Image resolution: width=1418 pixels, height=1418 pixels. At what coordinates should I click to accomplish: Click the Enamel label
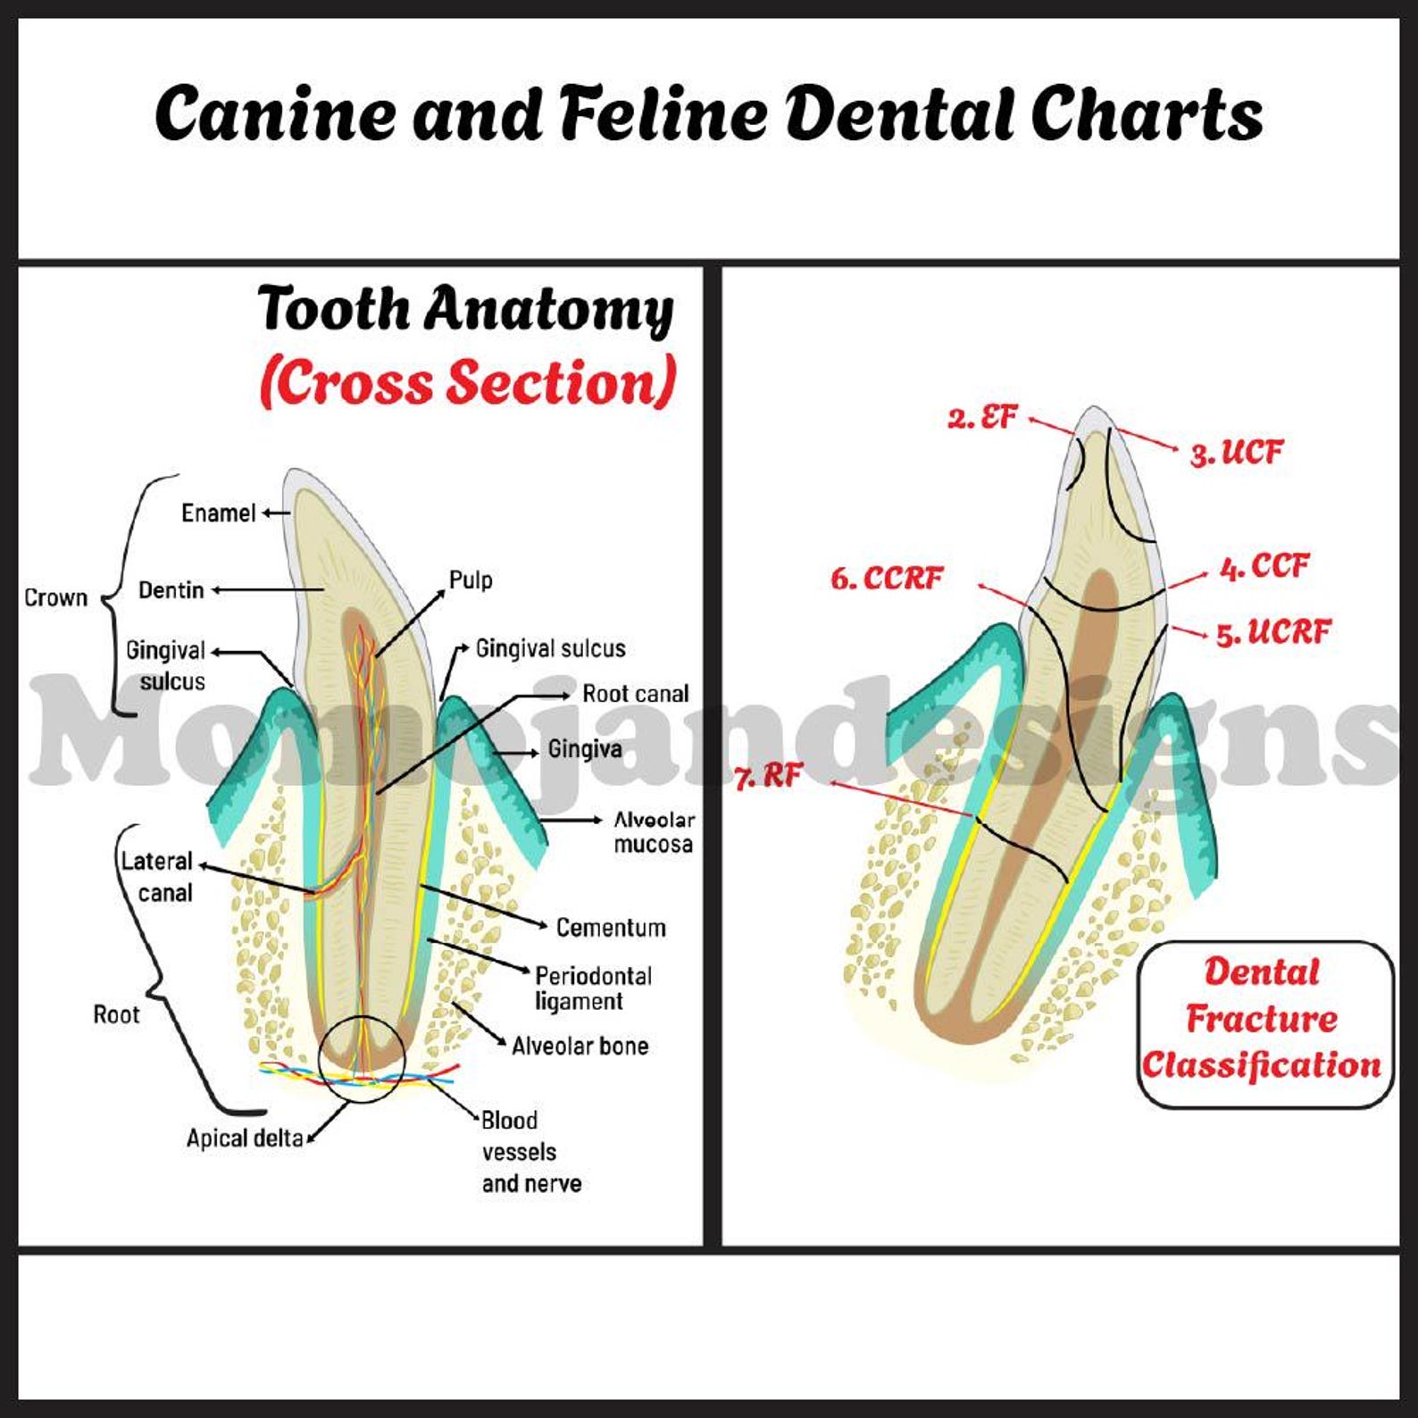(219, 513)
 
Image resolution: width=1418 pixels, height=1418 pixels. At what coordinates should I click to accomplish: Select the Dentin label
(171, 590)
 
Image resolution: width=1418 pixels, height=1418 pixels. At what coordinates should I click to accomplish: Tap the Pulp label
(471, 580)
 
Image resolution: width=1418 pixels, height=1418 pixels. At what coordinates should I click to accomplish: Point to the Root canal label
(636, 694)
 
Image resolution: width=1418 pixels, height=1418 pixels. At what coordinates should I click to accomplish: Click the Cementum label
(611, 928)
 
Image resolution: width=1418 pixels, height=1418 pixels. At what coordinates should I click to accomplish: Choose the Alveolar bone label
(580, 1046)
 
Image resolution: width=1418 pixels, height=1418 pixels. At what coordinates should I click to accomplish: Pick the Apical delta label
(245, 1139)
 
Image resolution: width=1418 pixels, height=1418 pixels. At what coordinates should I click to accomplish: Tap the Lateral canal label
(157, 877)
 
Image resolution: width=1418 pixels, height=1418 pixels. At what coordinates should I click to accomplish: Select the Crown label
(55, 597)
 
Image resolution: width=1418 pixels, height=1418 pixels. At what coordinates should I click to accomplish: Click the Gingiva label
(585, 749)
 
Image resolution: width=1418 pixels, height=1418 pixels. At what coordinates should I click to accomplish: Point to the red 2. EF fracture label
(982, 417)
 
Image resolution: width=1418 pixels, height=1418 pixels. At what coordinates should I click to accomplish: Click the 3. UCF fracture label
(1237, 453)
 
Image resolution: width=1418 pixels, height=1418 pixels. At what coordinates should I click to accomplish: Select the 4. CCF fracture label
(1264, 566)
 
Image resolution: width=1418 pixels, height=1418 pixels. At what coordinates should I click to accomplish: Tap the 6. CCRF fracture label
(887, 579)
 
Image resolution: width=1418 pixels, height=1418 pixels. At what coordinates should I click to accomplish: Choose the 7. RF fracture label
(769, 776)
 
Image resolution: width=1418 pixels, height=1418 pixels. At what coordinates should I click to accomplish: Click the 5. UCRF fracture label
(1273, 632)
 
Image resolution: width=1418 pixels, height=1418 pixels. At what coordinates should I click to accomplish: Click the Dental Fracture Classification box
(1264, 1025)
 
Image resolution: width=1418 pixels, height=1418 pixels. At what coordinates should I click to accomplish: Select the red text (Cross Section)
(468, 382)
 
